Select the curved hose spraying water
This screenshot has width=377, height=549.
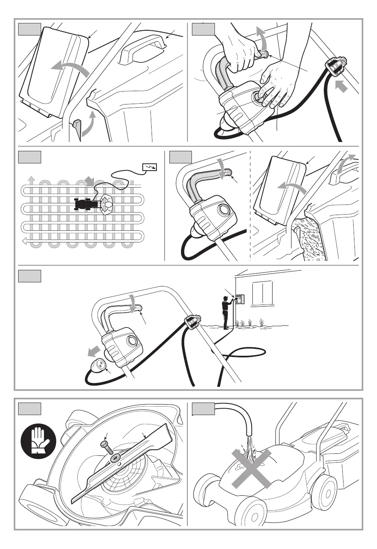coord(238,415)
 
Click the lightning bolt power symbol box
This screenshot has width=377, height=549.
coord(150,167)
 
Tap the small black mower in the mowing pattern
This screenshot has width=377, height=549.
coord(85,205)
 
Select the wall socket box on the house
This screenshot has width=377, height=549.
coord(240,299)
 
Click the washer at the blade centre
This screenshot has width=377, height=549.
coord(116,458)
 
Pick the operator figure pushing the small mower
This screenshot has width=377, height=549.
coord(106,204)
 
